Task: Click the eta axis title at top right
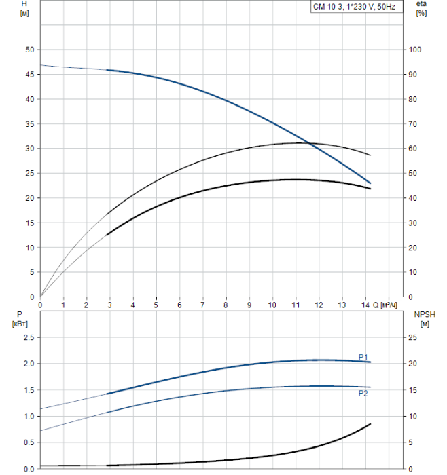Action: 421,9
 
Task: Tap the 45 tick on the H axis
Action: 29,75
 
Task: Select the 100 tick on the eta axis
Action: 415,50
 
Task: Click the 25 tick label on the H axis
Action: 29,174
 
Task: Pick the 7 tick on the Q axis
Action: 202,305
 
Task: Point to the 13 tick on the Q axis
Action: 342,305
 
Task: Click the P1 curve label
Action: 363,357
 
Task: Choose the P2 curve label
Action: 363,393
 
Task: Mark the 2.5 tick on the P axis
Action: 27,337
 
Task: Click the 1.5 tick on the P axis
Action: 27,390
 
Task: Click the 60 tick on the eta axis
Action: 413,149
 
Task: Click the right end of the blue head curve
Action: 370,183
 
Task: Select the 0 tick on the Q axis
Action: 40,305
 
